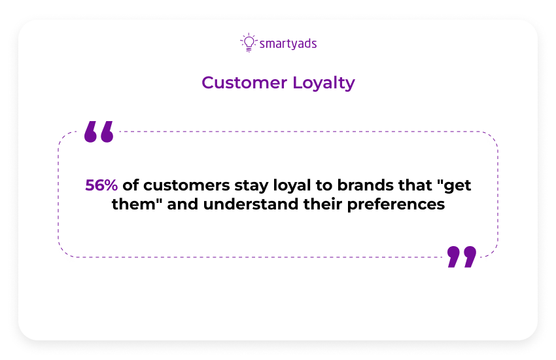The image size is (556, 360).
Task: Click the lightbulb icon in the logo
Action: click(x=249, y=43)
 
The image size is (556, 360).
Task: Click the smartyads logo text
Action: click(x=288, y=44)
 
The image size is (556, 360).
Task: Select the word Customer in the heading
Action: click(x=245, y=82)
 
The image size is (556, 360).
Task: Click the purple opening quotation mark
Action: click(x=99, y=132)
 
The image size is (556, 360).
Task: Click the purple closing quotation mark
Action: click(x=462, y=257)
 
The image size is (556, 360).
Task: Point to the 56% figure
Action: click(x=101, y=185)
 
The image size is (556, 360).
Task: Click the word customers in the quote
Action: click(x=186, y=185)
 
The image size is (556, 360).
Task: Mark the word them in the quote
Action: click(x=134, y=204)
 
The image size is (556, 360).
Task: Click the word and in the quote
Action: click(x=182, y=204)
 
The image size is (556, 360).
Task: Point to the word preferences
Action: click(x=396, y=205)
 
